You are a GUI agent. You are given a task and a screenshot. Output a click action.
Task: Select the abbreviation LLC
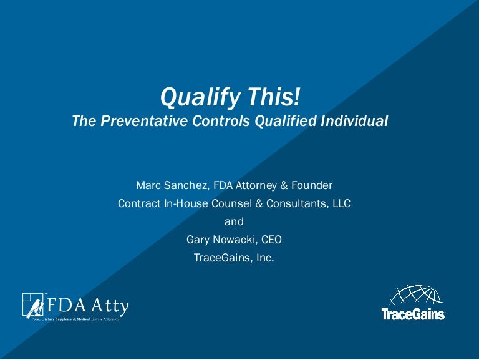(x=339, y=203)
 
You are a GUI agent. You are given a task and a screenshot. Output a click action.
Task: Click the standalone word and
(x=234, y=221)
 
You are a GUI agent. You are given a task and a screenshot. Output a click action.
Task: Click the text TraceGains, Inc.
(x=234, y=258)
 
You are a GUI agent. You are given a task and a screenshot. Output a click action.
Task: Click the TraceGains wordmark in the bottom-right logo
(x=413, y=314)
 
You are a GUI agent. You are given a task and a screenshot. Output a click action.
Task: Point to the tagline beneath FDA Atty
(x=75, y=319)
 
